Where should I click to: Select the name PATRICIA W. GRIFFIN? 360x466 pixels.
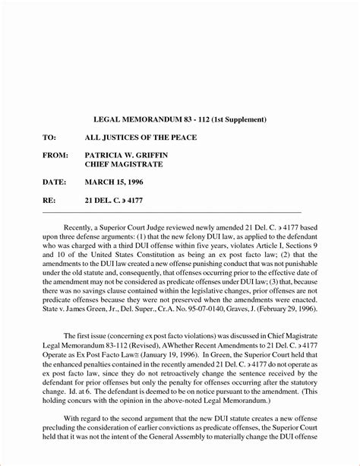[136, 154]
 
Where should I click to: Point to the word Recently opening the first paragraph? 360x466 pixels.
[81, 227]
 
